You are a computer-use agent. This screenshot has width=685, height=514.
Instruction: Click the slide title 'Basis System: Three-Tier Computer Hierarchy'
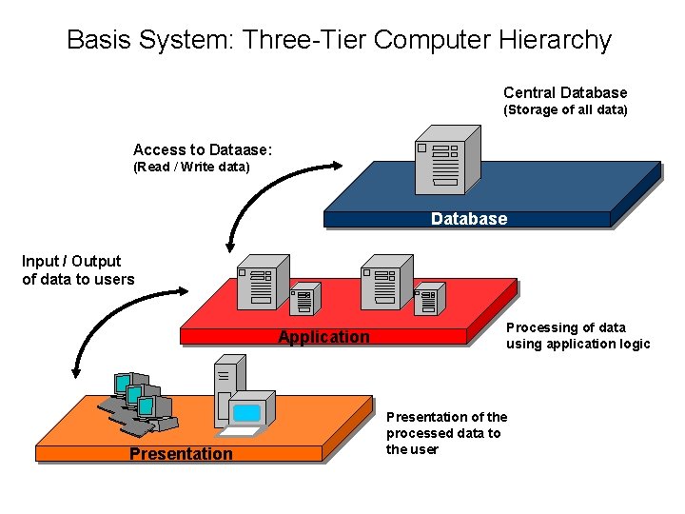pos(339,40)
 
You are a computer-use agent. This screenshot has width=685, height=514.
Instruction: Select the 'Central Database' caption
pos(565,92)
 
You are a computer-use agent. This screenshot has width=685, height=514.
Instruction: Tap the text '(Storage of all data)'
pos(565,110)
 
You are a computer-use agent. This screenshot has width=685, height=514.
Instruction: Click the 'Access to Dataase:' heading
pos(203,149)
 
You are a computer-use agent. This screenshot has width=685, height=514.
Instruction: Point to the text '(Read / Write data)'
pos(191,168)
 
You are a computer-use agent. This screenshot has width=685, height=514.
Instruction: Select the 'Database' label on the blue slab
pos(468,219)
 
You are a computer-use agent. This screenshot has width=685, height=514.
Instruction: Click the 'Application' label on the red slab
pos(323,337)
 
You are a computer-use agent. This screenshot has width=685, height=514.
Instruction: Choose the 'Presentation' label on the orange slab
pos(181,454)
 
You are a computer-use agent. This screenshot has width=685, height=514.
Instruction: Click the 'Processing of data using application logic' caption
pos(577,336)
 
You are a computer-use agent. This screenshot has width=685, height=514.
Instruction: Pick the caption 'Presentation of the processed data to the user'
pos(446,433)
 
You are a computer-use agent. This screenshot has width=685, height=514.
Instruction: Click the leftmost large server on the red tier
pos(262,282)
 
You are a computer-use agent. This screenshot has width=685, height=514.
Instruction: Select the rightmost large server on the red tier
pos(385,282)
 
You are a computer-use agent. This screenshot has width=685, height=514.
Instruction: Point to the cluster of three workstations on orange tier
pos(137,401)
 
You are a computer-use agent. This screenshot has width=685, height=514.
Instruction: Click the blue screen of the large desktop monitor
pos(247,412)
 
